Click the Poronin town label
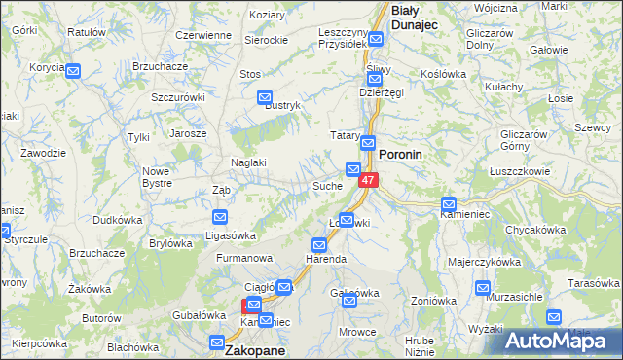406,154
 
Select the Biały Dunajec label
418,17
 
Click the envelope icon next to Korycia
72,70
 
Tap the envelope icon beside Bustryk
264,97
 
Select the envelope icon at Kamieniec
448,204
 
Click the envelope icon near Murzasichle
483,288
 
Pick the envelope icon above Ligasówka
220,217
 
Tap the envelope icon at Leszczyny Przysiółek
376,42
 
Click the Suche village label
325,185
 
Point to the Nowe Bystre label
156,177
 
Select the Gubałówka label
199,314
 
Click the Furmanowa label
242,259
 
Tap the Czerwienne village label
202,35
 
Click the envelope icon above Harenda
318,244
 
